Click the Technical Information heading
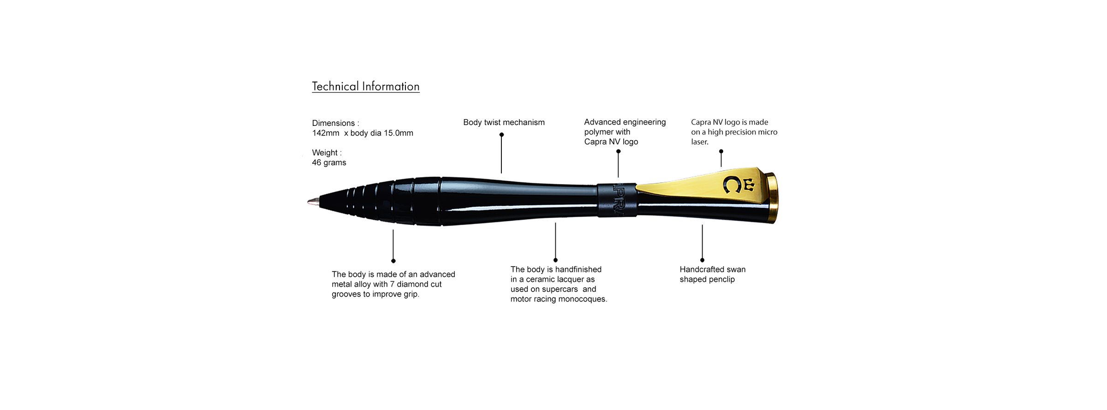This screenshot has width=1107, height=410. tap(365, 86)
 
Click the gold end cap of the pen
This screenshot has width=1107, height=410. tap(773, 198)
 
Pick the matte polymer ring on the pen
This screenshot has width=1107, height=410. tap(617, 200)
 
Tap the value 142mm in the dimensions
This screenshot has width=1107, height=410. tap(325, 133)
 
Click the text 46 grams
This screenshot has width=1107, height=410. tap(329, 163)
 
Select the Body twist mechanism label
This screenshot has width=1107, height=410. tap(504, 123)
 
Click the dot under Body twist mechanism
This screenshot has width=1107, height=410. tap(501, 135)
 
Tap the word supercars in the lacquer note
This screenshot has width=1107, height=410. tap(559, 289)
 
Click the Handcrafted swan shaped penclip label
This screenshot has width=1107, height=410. tap(712, 274)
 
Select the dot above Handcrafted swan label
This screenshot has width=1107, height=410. tap(702, 260)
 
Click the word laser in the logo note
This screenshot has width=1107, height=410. tap(699, 142)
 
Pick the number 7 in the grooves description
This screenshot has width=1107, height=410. tap(392, 285)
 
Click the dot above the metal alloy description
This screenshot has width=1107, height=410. tap(393, 261)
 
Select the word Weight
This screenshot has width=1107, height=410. tap(325, 153)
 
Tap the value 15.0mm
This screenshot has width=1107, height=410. tap(398, 133)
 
